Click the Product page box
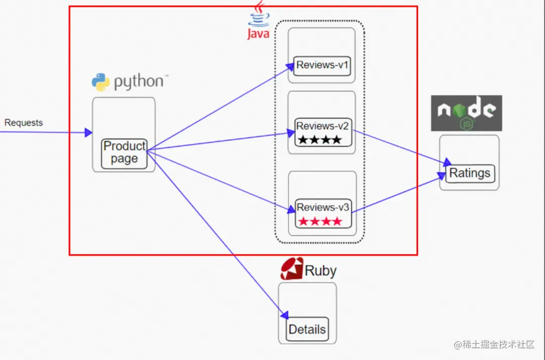[x=124, y=153]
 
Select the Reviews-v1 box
[x=323, y=65]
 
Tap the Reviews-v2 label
[x=323, y=126]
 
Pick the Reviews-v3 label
[x=323, y=208]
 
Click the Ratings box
[x=470, y=173]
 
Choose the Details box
[x=307, y=330]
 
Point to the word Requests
[x=24, y=123]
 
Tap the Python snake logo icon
[x=100, y=82]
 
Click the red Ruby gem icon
[x=292, y=269]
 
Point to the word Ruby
[x=320, y=271]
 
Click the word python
[x=139, y=82]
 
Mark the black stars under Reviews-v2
[x=319, y=140]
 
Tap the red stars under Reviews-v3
[x=320, y=221]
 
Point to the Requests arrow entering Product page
[x=45, y=132]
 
